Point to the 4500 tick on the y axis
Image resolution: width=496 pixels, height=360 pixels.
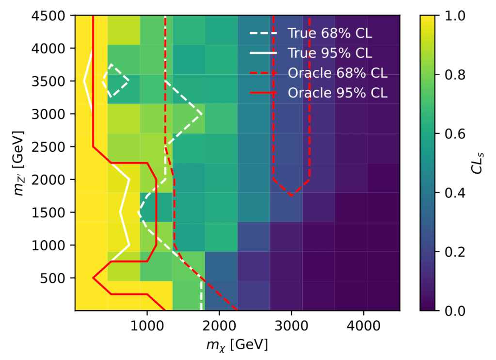coord(54,16)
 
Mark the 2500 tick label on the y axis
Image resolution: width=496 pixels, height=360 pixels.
coord(54,147)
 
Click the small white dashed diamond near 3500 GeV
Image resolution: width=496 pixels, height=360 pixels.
coord(116,81)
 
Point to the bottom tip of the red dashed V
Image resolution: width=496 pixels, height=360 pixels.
coord(291,196)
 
